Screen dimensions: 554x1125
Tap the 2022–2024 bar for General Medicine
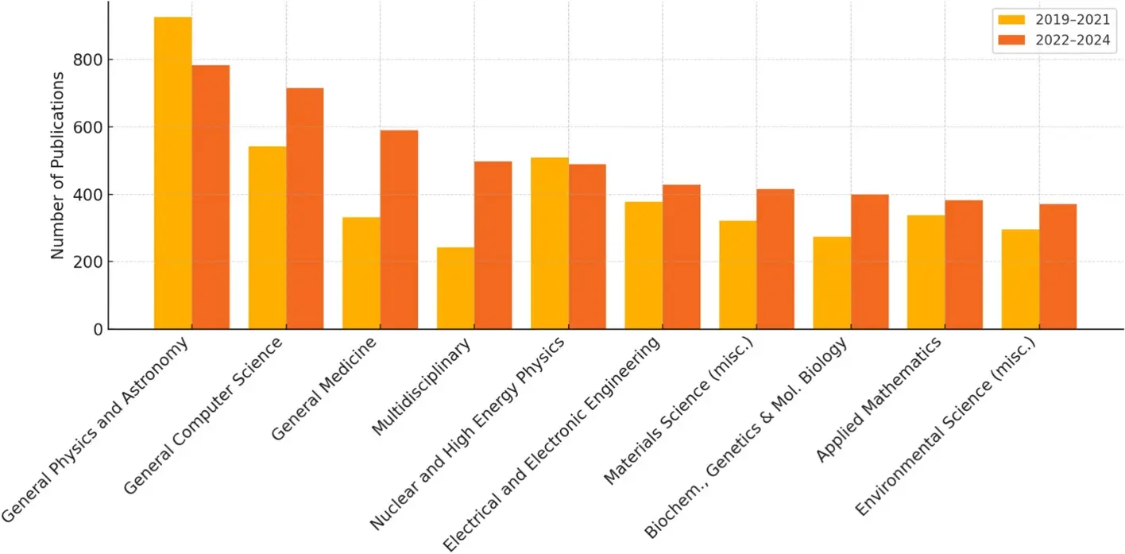coord(399,230)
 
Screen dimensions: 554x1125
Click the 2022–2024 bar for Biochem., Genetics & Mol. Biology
coord(869,262)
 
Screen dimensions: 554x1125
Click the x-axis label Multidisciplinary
coord(423,387)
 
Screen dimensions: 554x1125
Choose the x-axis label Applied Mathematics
coord(879,399)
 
